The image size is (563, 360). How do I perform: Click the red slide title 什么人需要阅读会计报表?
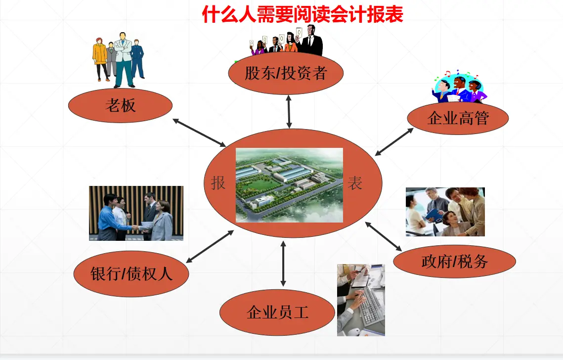pyautogui.click(x=303, y=14)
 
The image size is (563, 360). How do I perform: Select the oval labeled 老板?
pyautogui.click(x=120, y=105)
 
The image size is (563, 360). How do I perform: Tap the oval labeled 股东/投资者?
pyautogui.click(x=286, y=74)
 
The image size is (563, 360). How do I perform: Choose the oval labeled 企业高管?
pyautogui.click(x=458, y=118)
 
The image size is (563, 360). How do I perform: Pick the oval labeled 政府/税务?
pyautogui.click(x=454, y=261)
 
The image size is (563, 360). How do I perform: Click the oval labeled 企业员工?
pyautogui.click(x=277, y=312)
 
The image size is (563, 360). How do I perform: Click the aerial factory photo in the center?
pyautogui.click(x=289, y=185)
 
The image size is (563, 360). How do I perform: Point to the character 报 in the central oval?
pyautogui.click(x=218, y=183)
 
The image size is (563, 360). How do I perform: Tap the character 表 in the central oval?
pyautogui.click(x=355, y=183)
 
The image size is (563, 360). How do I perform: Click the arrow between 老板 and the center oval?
pyautogui.click(x=199, y=132)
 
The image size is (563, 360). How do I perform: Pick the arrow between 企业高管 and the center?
pyautogui.click(x=394, y=141)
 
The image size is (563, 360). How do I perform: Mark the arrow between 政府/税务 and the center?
pyautogui.click(x=384, y=235)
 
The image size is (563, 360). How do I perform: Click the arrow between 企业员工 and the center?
pyautogui.click(x=283, y=264)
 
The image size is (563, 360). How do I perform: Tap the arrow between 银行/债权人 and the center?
pyautogui.click(x=210, y=246)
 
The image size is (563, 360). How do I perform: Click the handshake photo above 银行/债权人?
pyautogui.click(x=136, y=213)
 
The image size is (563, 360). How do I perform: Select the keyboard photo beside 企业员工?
pyautogui.click(x=361, y=300)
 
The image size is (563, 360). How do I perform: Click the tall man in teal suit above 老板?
pyautogui.click(x=124, y=59)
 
